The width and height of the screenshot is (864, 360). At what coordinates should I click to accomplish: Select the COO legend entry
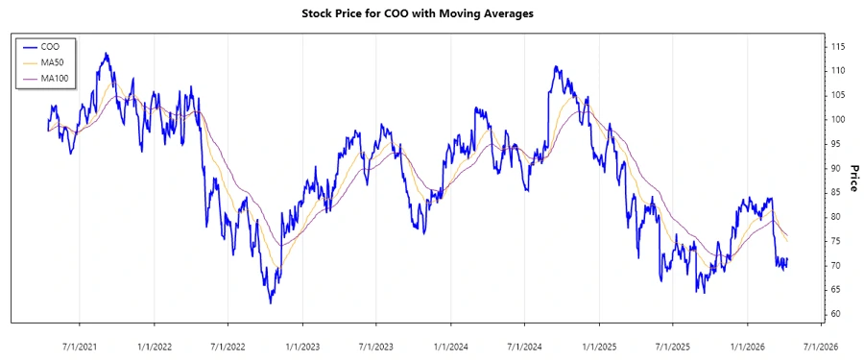click(x=51, y=45)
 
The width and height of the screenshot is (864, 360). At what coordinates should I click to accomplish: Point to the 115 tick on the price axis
click(x=837, y=46)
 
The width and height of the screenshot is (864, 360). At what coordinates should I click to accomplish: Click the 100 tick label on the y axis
click(x=837, y=119)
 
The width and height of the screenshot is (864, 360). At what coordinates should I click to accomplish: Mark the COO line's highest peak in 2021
click(x=106, y=54)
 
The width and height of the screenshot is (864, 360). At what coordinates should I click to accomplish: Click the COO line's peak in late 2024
click(x=556, y=67)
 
